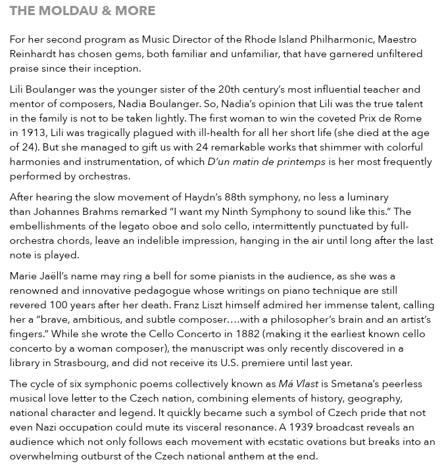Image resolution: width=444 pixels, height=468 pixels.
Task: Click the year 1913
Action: [x=36, y=133]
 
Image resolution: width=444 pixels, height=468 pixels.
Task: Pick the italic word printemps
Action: [x=291, y=162]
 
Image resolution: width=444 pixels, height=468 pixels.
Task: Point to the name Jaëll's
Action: [x=54, y=276]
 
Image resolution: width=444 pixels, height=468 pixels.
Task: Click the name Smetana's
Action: [x=358, y=384]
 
